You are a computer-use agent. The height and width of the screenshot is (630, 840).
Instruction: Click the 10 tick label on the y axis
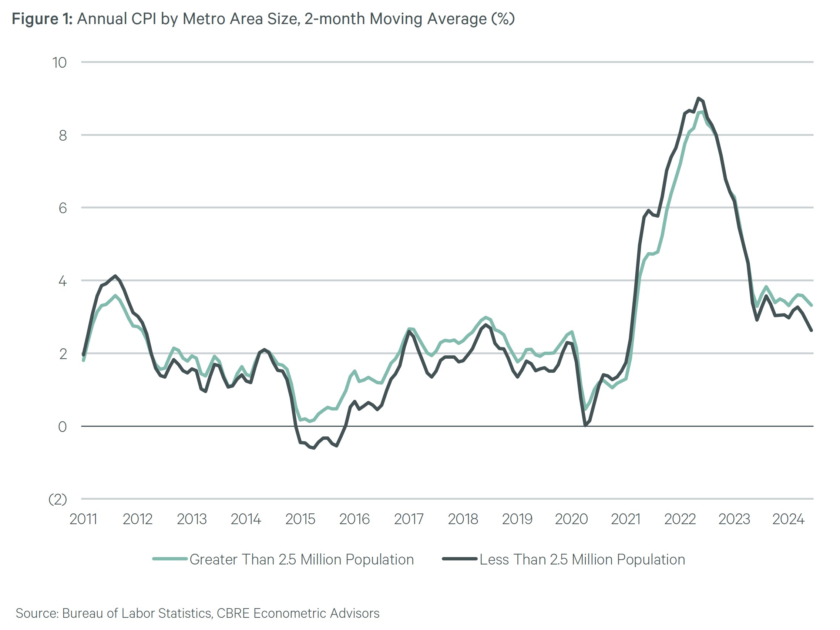click(59, 63)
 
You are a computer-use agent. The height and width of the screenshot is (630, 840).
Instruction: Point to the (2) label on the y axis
click(58, 499)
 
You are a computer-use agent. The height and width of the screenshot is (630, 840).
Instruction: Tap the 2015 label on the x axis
click(300, 519)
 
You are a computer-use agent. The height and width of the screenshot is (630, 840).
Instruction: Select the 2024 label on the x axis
click(788, 519)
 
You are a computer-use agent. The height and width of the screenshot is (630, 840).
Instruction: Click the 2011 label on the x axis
click(83, 519)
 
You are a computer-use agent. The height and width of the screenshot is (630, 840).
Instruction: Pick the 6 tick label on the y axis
click(63, 208)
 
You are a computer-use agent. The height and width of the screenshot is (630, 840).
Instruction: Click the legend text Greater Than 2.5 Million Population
click(302, 559)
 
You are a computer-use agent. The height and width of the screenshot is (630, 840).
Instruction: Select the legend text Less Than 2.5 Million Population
click(582, 559)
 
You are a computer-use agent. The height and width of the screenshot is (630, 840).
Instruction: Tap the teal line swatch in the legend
click(170, 559)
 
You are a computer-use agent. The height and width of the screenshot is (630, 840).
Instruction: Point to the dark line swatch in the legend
click(460, 559)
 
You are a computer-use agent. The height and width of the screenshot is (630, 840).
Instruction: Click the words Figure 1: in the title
click(42, 19)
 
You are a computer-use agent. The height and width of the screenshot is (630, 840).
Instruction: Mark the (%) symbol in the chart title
click(503, 19)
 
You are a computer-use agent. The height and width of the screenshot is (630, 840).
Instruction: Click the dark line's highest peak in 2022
click(698, 98)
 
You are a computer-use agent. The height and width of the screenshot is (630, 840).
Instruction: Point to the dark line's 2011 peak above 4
click(115, 276)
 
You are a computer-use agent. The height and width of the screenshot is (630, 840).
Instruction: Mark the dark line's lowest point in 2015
click(314, 448)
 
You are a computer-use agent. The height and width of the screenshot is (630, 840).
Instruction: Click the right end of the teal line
click(811, 305)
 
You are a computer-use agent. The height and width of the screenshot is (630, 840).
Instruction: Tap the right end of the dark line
click(811, 331)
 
